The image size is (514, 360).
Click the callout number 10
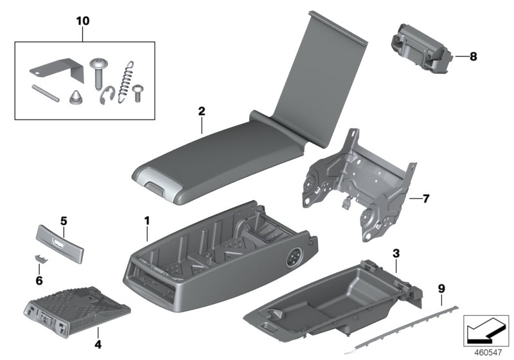click(82, 21)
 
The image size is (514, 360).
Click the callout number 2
click(201, 111)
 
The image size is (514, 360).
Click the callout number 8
click(474, 57)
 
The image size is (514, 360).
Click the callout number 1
click(146, 221)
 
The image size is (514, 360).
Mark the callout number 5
click(64, 221)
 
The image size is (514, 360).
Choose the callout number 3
click(396, 255)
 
